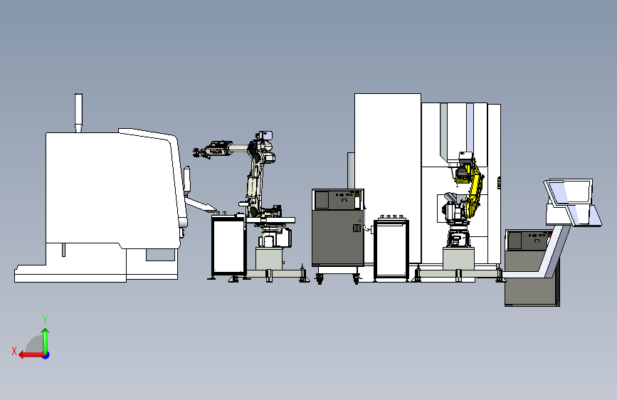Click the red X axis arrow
31,355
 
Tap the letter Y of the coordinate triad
45,320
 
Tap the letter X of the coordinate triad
14,351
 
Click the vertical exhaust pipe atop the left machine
79,112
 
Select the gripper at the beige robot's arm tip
201,152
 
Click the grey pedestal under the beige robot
269,258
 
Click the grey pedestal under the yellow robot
458,258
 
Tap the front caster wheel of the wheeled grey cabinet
319,280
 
